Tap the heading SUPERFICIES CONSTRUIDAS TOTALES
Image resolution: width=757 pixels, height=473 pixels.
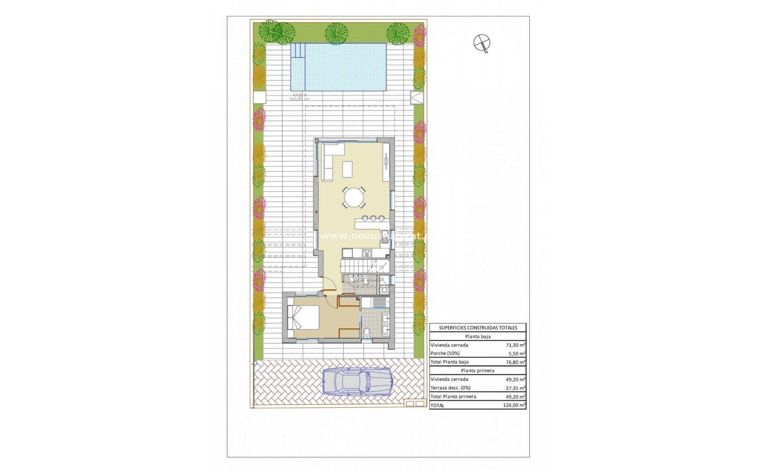(477, 328)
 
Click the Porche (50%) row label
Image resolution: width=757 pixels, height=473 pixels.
(445, 354)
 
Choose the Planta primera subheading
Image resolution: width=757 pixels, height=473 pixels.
(477, 371)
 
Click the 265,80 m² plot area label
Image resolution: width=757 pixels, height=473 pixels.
(299, 99)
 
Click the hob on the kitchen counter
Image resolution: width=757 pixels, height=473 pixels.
(367, 253)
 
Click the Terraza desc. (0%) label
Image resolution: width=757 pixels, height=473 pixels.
(450, 388)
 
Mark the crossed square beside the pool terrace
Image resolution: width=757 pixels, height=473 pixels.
(416, 97)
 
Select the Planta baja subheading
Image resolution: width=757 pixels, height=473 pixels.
(477, 337)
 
